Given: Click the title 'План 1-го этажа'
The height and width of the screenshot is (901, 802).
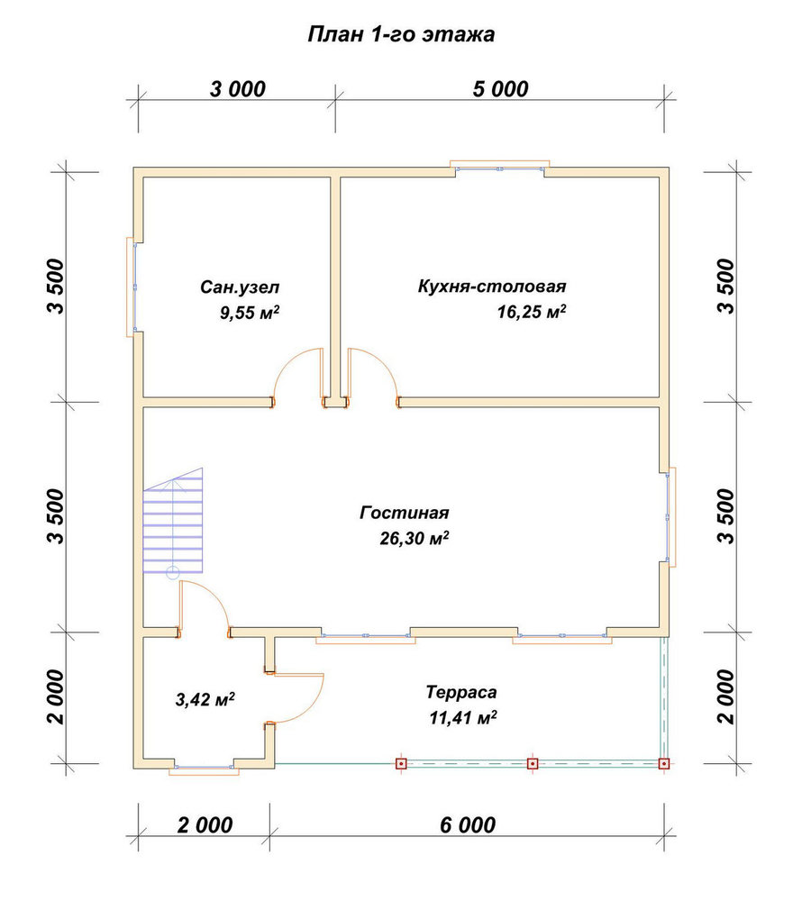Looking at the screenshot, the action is click(x=401, y=34).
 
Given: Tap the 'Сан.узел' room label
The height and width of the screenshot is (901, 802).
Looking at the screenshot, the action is click(x=240, y=287).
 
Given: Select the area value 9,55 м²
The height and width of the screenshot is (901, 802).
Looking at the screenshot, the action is click(x=250, y=313).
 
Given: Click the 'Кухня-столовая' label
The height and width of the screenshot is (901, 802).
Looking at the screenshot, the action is click(x=492, y=286).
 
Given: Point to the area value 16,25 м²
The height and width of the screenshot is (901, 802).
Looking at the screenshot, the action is click(x=532, y=312).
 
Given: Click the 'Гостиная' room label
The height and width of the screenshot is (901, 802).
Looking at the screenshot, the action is click(x=404, y=512).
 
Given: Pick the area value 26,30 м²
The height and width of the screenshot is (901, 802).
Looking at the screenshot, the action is click(x=415, y=538).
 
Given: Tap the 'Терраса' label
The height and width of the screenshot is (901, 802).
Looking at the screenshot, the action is click(x=461, y=692).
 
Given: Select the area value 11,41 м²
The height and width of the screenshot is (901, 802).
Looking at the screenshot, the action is click(x=463, y=718).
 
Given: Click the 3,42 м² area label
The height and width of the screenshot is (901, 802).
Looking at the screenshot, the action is click(x=205, y=699).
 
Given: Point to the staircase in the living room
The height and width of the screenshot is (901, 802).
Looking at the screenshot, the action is click(x=173, y=521).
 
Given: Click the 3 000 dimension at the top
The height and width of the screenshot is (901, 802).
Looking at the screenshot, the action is click(x=237, y=89).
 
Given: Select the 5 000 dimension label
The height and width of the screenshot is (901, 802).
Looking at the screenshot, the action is click(x=500, y=89).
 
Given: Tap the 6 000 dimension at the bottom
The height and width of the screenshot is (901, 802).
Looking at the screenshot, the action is click(x=468, y=825).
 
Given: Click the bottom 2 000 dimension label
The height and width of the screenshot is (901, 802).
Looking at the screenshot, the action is click(x=205, y=825).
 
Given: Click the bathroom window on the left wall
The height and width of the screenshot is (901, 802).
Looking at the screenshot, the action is click(x=132, y=287).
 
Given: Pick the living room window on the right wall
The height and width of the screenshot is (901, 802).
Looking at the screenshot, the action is click(x=670, y=516).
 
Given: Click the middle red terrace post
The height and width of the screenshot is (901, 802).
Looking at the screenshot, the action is click(x=533, y=764).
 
